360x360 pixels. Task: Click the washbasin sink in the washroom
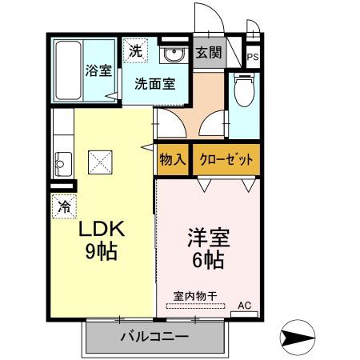170,55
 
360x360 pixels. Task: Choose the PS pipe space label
253,57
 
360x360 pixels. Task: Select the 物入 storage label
173,159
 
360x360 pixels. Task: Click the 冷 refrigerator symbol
64,206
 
